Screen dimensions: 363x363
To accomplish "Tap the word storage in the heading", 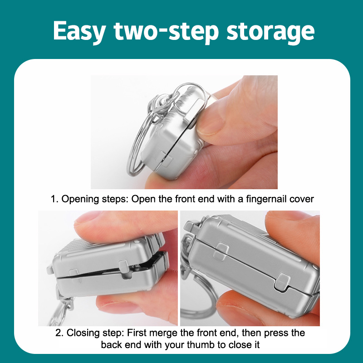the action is click(x=270, y=32).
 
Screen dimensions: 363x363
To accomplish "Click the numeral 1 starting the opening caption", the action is click(x=54, y=199).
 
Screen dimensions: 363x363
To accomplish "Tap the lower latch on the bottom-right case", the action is click(x=282, y=282).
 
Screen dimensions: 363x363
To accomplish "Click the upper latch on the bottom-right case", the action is click(x=221, y=251).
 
